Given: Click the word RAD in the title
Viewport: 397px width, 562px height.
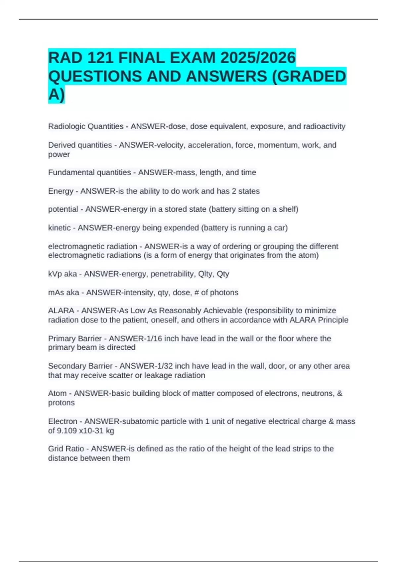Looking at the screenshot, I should (x=65, y=58).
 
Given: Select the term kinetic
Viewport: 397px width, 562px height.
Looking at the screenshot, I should (x=59, y=228).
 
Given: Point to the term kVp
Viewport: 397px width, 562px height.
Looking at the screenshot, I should (x=55, y=274).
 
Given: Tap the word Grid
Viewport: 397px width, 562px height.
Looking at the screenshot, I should (x=56, y=449).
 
